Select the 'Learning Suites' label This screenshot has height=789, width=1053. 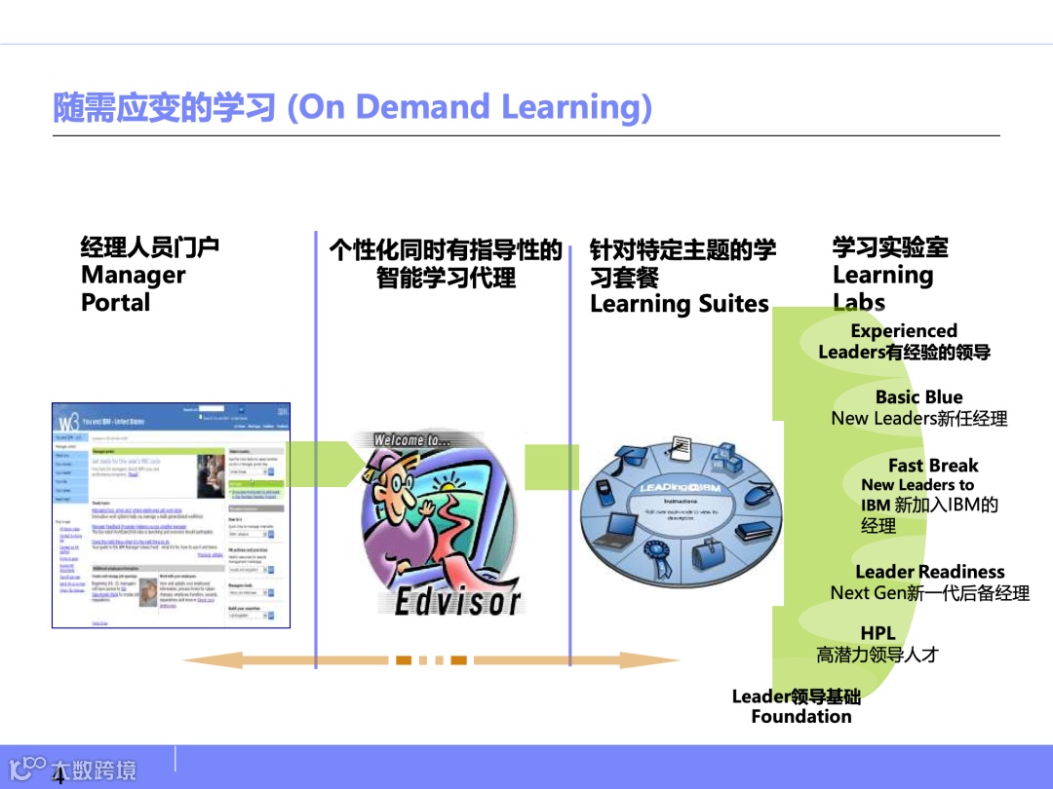pyautogui.click(x=680, y=304)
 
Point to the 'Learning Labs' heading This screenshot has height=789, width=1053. pyautogui.click(x=881, y=288)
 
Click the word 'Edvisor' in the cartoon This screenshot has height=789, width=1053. pyautogui.click(x=457, y=602)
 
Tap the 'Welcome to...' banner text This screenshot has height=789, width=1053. pyautogui.click(x=413, y=440)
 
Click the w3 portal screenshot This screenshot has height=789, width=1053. pyautogui.click(x=171, y=514)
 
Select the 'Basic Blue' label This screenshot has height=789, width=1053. pyautogui.click(x=918, y=396)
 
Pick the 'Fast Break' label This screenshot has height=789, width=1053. pyautogui.click(x=932, y=466)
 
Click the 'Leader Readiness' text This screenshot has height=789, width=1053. pyautogui.click(x=929, y=572)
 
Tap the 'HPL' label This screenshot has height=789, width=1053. pyautogui.click(x=877, y=633)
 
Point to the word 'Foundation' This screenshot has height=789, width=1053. pyautogui.click(x=800, y=717)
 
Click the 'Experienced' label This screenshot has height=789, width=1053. pyautogui.click(x=904, y=331)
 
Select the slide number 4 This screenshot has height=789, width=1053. pyautogui.click(x=58, y=777)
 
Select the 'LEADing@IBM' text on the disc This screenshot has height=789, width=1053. pyautogui.click(x=680, y=485)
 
